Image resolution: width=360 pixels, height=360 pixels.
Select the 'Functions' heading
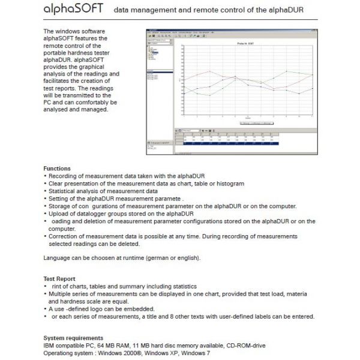point(57,169)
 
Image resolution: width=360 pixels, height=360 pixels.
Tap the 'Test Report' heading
point(59,279)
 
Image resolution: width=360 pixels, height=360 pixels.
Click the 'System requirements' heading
point(73,338)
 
